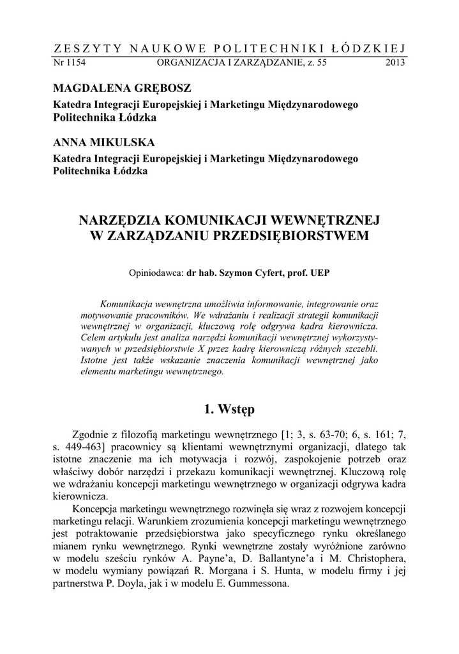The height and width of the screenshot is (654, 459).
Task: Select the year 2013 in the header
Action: click(x=395, y=63)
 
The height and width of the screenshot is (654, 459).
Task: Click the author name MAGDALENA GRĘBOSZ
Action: click(x=122, y=87)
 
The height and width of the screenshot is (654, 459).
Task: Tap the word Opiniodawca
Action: click(x=156, y=271)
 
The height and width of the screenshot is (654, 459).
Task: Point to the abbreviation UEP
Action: click(x=319, y=271)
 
